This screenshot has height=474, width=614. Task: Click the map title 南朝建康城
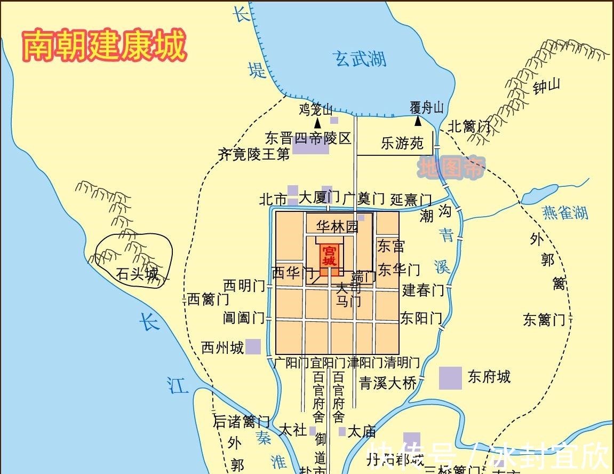[104, 45]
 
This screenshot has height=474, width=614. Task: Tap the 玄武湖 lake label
[360, 59]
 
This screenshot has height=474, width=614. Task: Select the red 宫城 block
[330, 256]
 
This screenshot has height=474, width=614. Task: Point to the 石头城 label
[138, 274]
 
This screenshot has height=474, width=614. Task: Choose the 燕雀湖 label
[565, 213]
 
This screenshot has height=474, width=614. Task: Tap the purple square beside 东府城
[450, 378]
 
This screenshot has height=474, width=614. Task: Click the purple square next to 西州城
[253, 347]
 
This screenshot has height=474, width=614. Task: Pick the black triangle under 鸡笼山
[318, 123]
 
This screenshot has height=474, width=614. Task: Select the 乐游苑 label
[402, 143]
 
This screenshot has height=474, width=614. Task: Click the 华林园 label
[337, 226]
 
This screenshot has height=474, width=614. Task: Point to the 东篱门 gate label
[544, 320]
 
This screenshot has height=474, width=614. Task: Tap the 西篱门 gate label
[208, 299]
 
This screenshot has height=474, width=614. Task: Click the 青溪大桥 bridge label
[388, 383]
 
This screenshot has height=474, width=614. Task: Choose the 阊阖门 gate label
[244, 318]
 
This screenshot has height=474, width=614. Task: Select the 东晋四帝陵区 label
[308, 139]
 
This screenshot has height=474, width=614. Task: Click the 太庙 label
[362, 431]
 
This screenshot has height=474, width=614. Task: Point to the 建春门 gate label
[423, 290]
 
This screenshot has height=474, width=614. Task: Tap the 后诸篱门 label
[241, 422]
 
